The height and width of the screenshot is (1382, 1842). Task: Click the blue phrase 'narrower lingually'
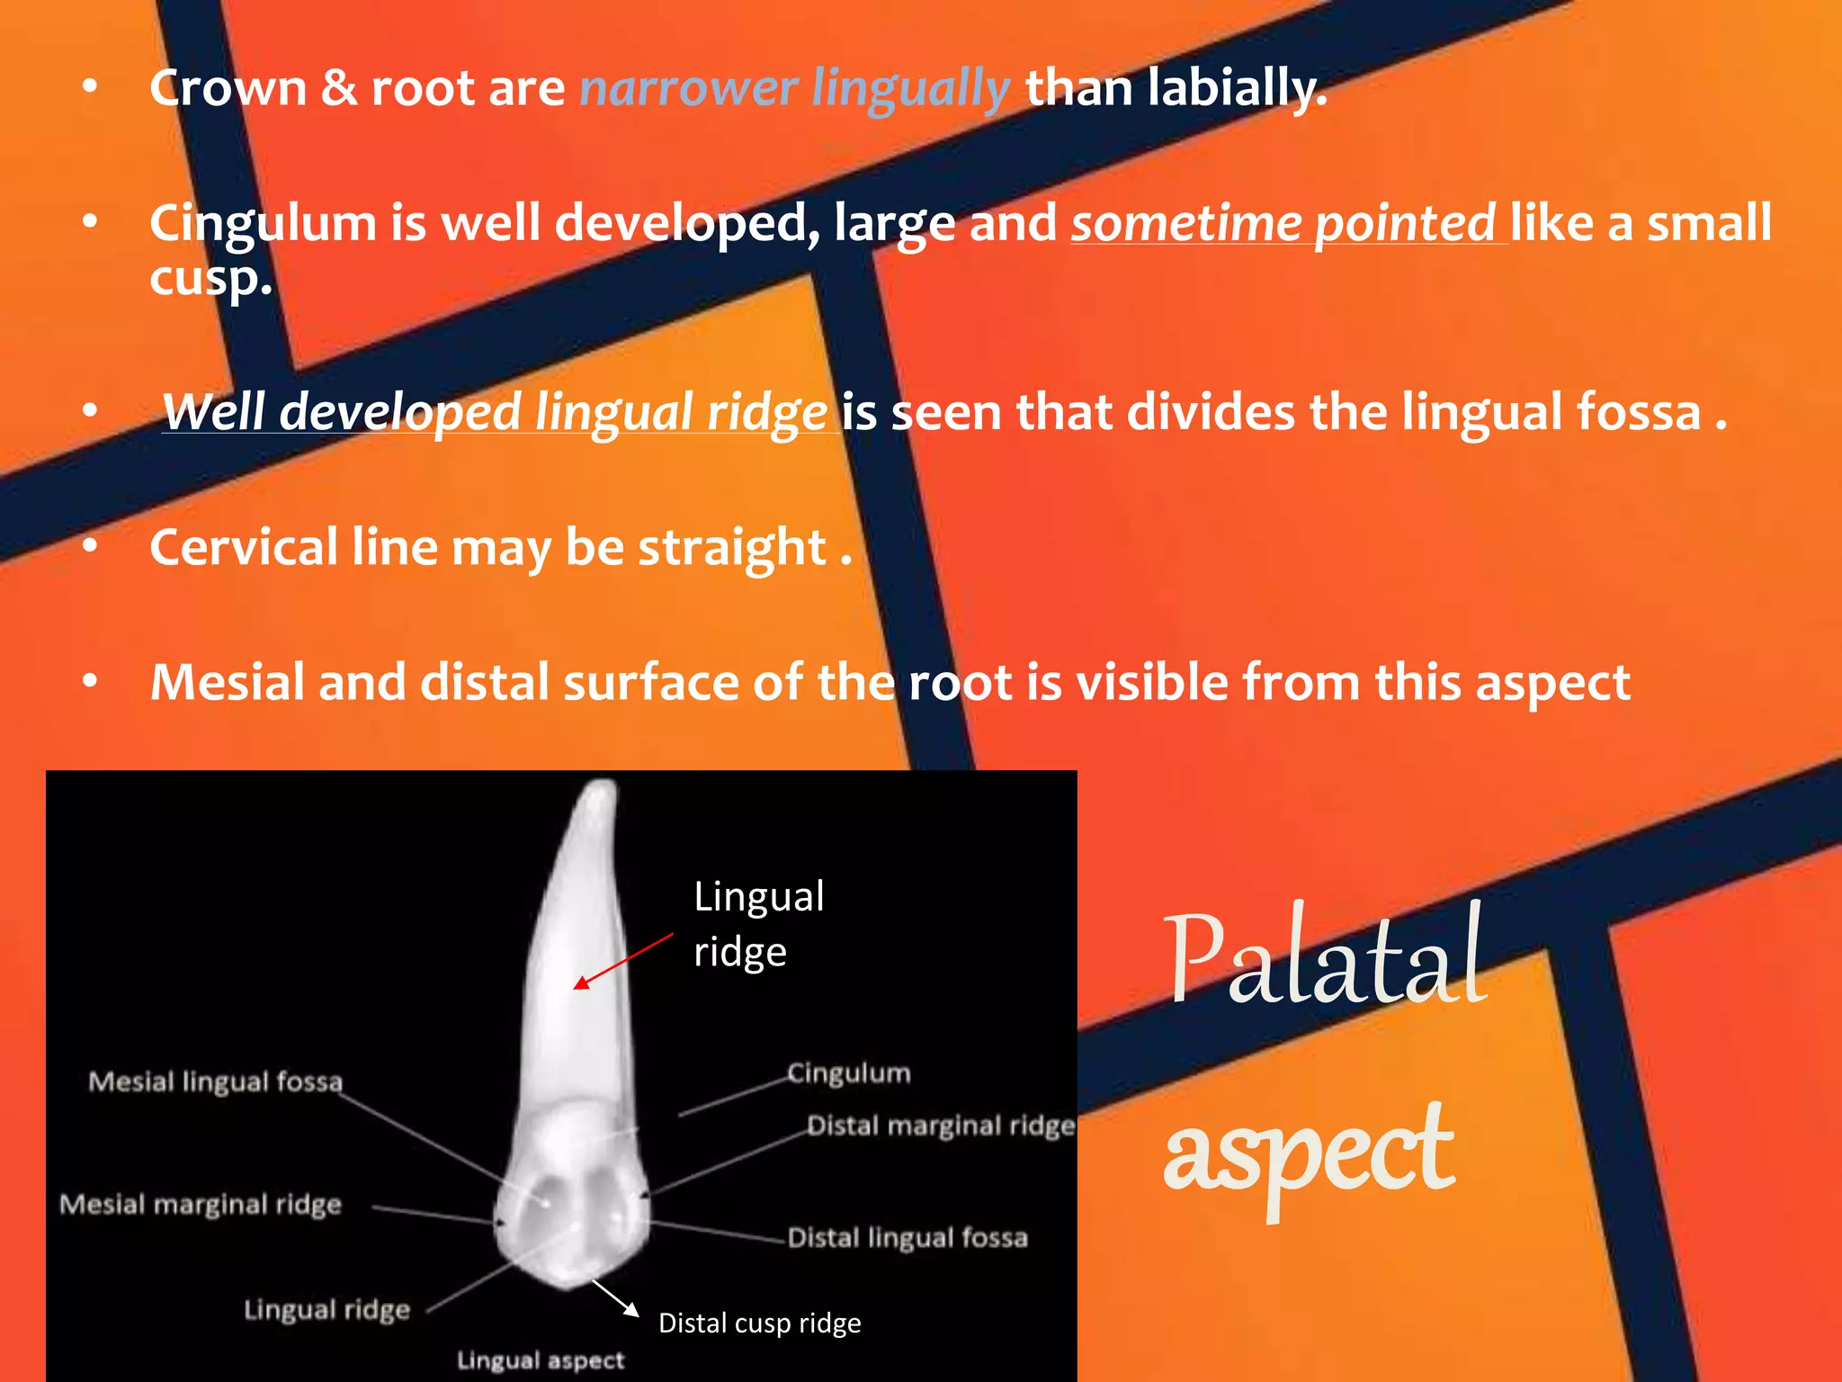[x=794, y=89]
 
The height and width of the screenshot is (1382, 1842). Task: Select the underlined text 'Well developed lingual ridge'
[x=495, y=412]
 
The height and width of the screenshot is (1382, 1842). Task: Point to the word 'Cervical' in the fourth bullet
[x=243, y=547]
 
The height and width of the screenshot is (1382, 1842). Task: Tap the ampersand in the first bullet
[x=338, y=89]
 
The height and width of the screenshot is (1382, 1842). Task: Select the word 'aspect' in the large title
[x=1308, y=1152]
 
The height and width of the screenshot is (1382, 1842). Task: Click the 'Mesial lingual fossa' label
[x=215, y=1081]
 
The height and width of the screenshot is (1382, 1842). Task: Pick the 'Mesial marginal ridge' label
[x=201, y=1205]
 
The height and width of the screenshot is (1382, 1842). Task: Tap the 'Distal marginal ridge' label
[x=940, y=1126]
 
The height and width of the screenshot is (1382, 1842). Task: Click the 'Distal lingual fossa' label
[x=908, y=1238]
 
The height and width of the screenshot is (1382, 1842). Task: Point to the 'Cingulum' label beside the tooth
[x=848, y=1073]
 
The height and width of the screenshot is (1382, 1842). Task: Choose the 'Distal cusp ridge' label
[x=759, y=1323]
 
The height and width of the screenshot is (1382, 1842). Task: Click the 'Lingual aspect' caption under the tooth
[x=540, y=1360]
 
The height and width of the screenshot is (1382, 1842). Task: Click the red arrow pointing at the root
[x=623, y=962]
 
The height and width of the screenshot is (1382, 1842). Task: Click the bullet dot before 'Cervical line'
[x=90, y=546]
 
